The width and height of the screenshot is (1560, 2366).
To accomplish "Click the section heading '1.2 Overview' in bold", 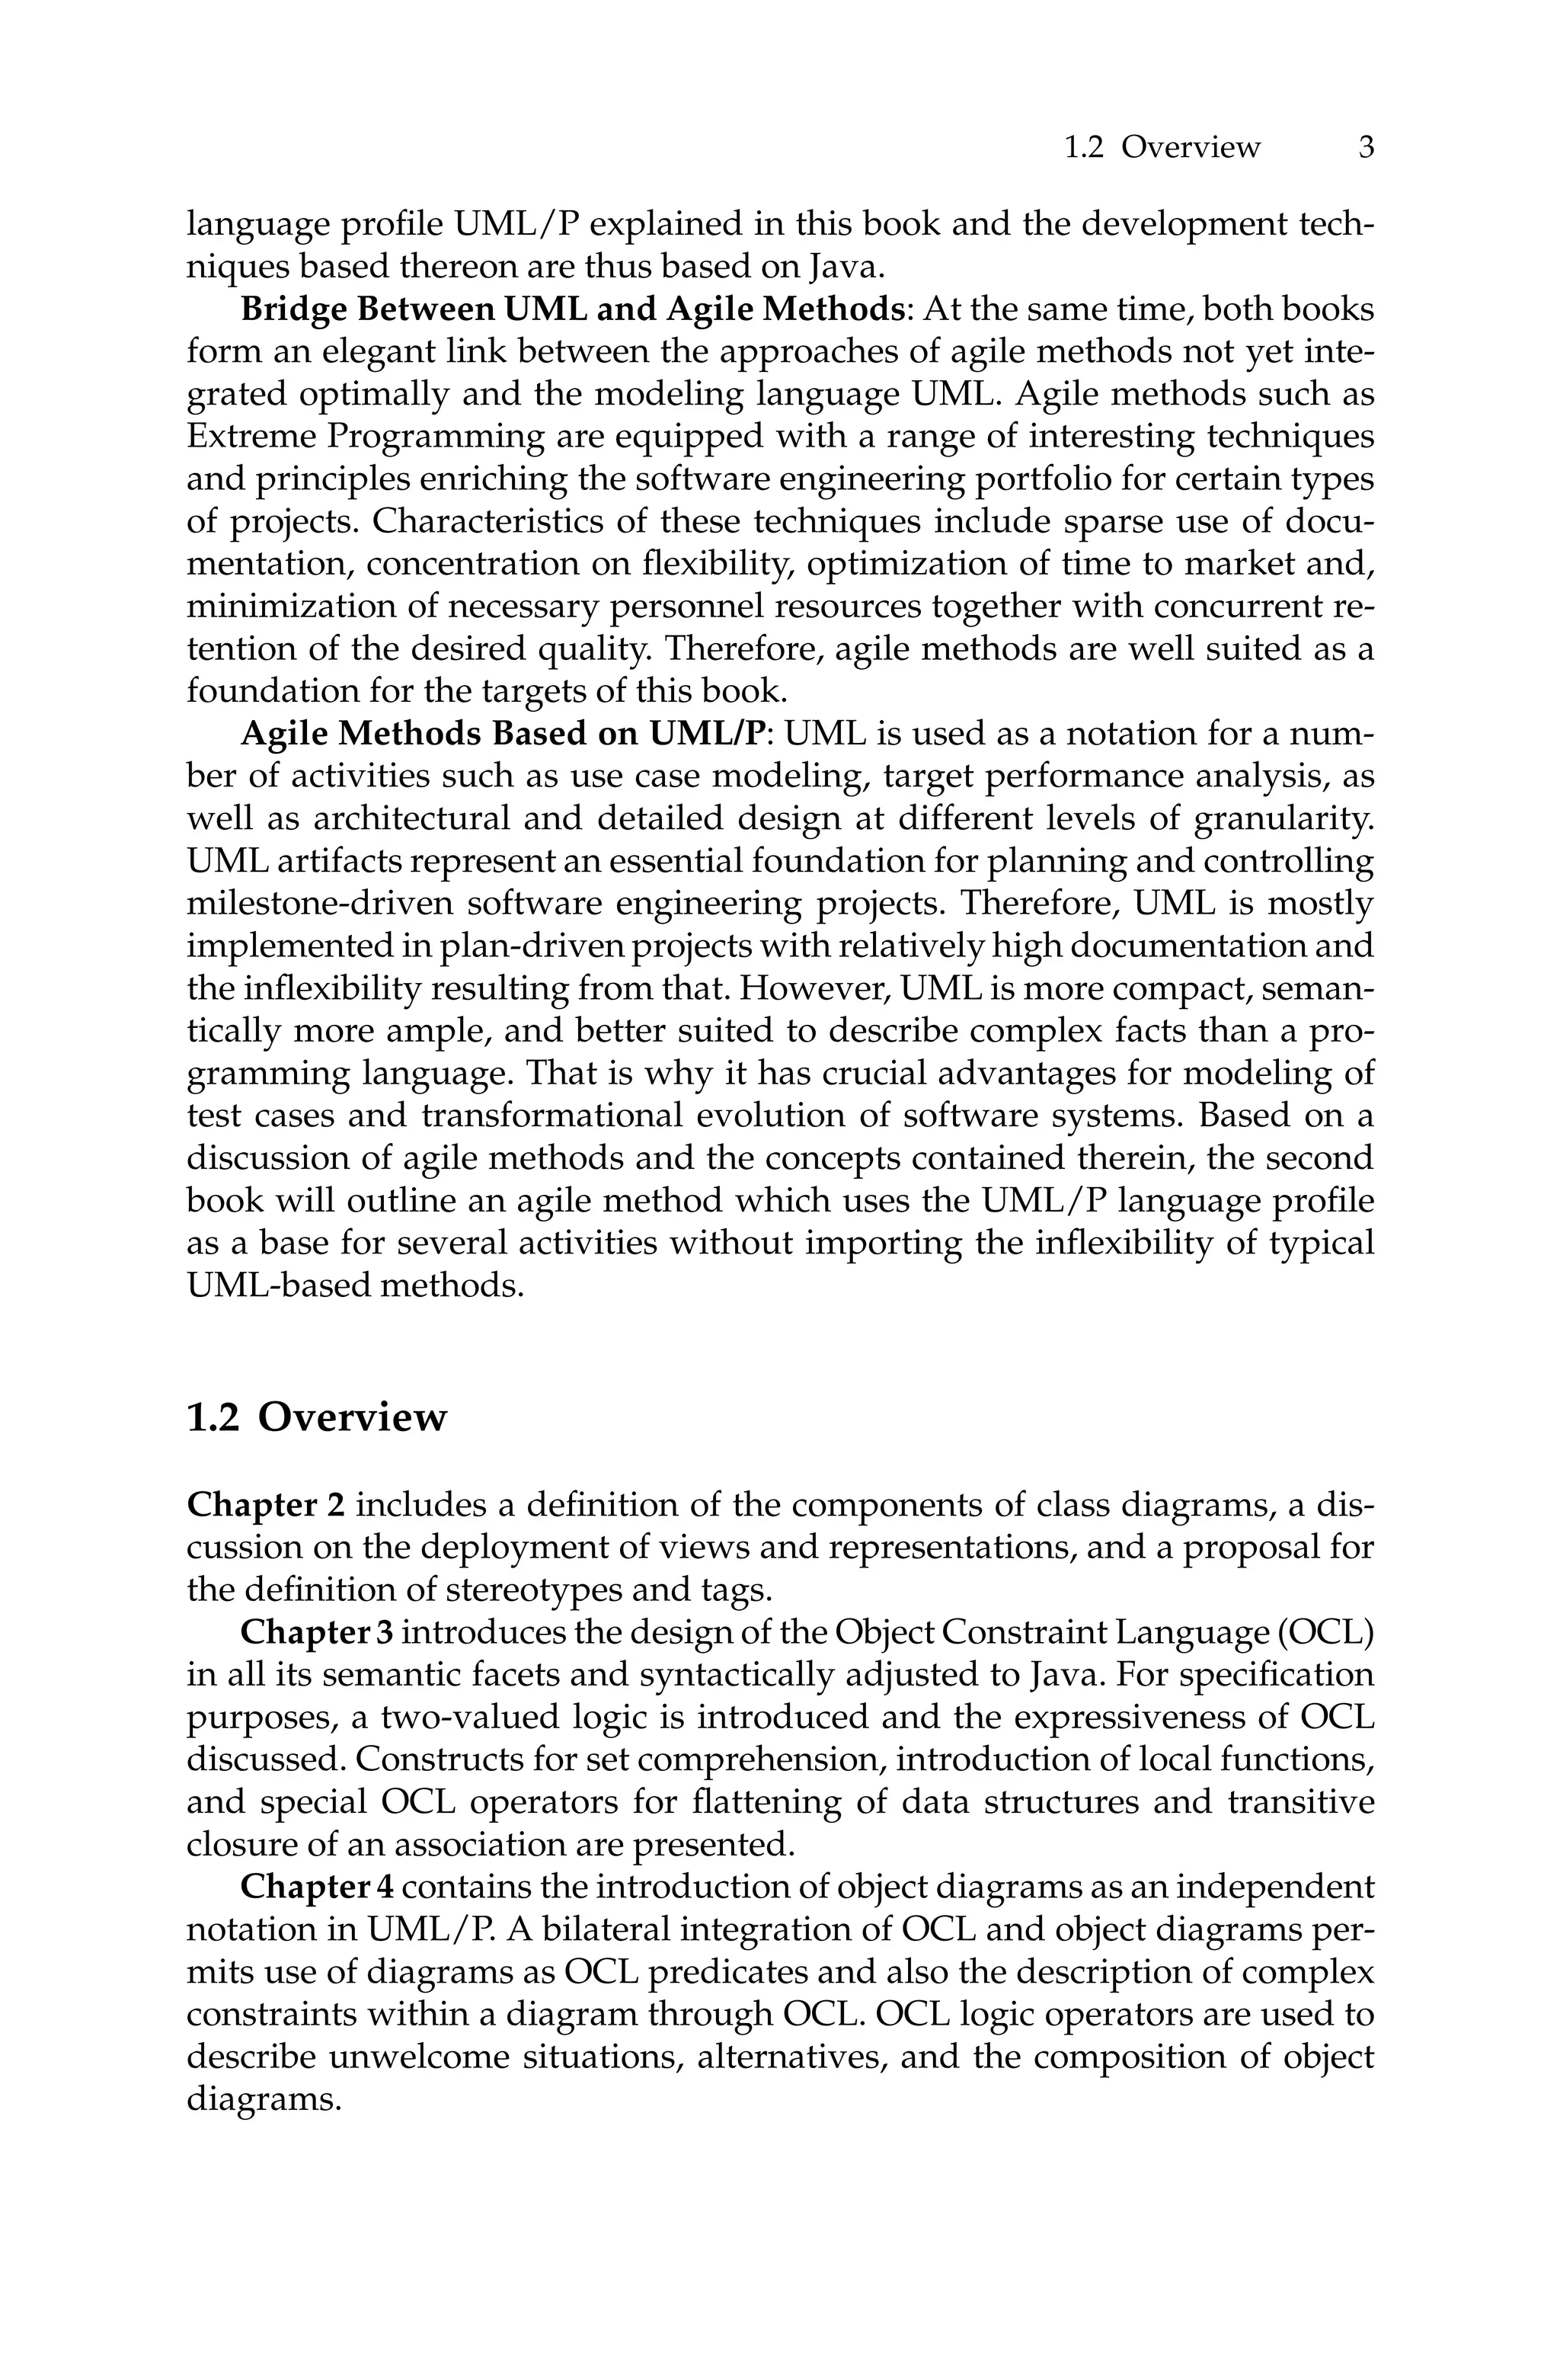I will (x=316, y=1417).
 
